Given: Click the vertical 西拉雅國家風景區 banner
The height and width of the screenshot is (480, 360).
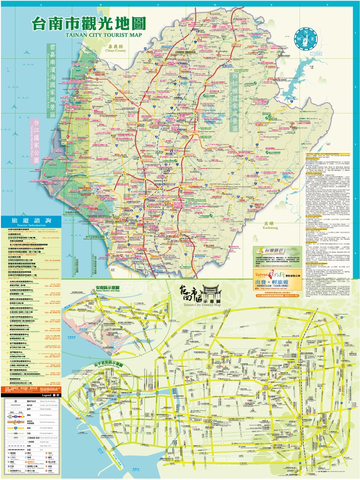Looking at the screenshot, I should (x=234, y=101).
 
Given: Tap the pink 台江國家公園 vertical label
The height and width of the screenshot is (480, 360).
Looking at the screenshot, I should (x=35, y=140).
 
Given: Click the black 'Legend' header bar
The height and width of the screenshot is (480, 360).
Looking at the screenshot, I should (x=31, y=395).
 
